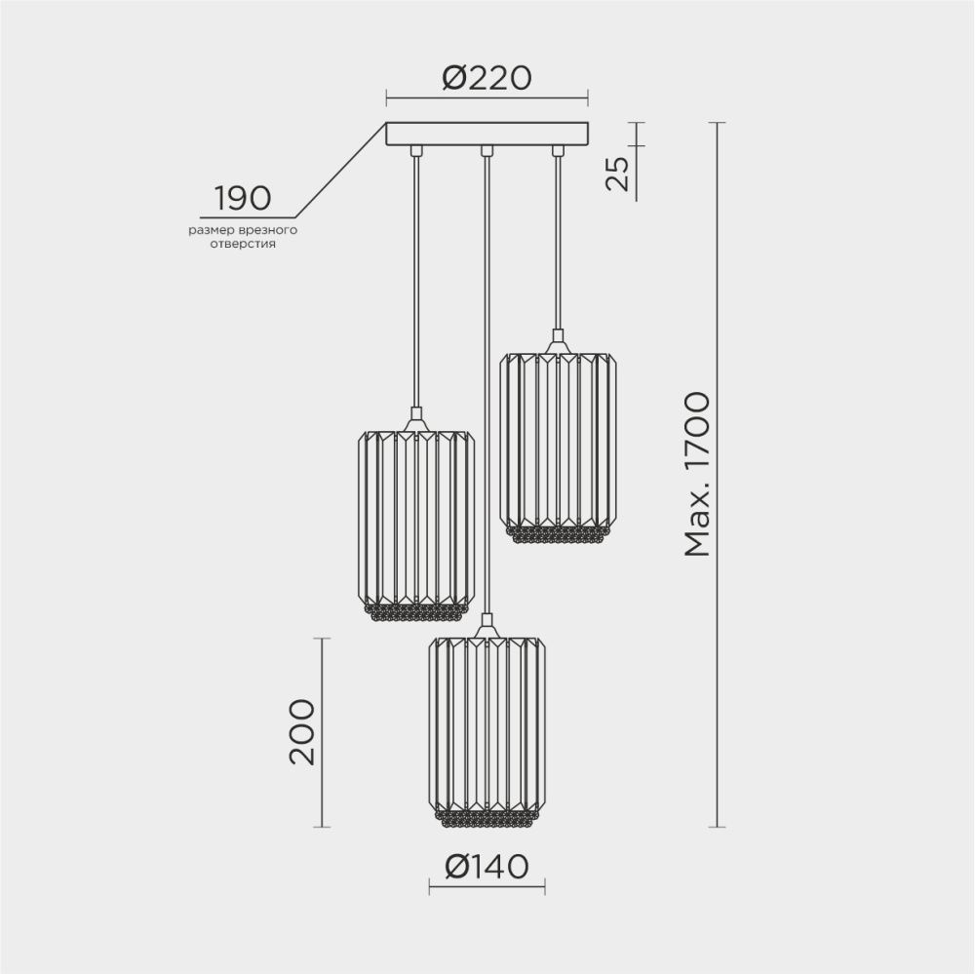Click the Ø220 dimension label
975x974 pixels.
click(x=487, y=77)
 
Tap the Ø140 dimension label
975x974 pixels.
click(x=487, y=866)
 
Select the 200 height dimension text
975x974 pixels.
click(x=303, y=731)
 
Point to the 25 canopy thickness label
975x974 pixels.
click(x=617, y=174)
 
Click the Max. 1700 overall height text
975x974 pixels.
click(x=697, y=474)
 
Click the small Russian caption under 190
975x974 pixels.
click(x=243, y=238)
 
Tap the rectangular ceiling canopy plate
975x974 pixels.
click(x=487, y=134)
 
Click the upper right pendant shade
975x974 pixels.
click(x=557, y=439)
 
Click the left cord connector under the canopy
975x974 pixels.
click(x=416, y=151)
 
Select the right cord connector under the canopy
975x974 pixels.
click(x=558, y=151)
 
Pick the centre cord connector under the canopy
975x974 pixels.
click(x=487, y=151)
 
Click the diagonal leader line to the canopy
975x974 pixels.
click(x=341, y=170)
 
